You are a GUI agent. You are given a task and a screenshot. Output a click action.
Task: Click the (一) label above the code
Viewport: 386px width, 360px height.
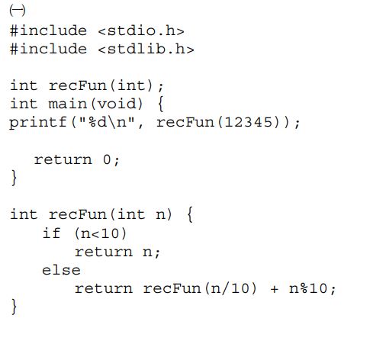(18, 11)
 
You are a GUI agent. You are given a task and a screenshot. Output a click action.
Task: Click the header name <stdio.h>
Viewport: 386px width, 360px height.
(141, 31)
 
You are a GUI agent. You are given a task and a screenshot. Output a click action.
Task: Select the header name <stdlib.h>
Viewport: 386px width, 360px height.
(146, 49)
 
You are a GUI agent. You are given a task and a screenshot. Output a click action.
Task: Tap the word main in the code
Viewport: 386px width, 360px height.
(67, 104)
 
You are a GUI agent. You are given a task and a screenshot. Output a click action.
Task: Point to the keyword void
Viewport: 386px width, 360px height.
(117, 104)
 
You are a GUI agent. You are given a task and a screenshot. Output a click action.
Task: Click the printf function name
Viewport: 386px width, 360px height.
(38, 123)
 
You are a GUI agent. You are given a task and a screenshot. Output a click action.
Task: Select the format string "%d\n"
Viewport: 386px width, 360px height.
(107, 122)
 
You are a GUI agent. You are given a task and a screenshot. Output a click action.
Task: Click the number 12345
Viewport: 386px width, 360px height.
(249, 122)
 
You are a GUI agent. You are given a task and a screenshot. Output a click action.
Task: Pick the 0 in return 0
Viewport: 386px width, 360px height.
(107, 159)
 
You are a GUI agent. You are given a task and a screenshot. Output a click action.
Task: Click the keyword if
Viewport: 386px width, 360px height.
(52, 233)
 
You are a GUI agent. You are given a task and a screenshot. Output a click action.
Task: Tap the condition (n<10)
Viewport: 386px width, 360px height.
(101, 233)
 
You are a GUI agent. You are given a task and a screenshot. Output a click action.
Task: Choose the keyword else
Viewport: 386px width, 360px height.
(61, 270)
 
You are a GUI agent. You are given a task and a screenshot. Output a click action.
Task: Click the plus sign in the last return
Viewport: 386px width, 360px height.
(275, 289)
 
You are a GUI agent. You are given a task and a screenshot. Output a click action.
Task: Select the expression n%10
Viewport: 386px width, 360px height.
(308, 288)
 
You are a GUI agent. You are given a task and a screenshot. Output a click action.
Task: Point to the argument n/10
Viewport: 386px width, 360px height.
(231, 288)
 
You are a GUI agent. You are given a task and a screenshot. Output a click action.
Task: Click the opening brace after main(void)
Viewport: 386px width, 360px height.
(161, 104)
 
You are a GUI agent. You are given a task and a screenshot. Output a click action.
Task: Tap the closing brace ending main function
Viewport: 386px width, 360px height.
(14, 178)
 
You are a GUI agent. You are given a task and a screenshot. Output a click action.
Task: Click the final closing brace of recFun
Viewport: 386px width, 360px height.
(14, 307)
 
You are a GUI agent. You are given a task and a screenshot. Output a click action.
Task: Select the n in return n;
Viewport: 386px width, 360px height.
(147, 252)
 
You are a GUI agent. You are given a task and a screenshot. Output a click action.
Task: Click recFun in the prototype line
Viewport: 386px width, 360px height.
(78, 85)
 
